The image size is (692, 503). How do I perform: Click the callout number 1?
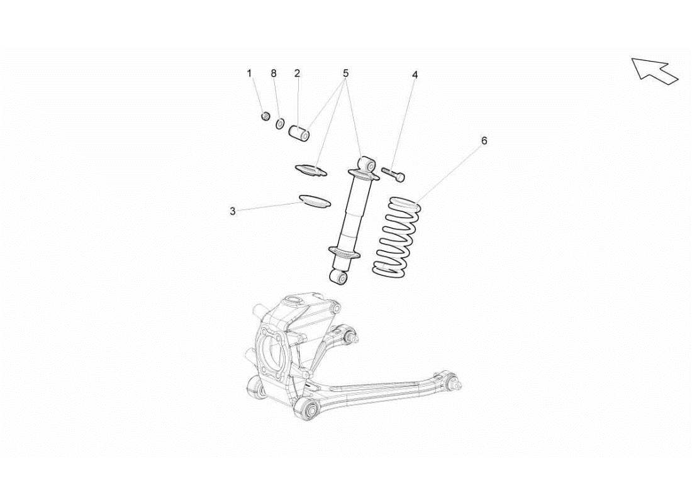[x=249, y=74]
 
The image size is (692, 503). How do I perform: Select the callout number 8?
[x=274, y=74]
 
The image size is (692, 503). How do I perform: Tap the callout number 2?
[x=297, y=74]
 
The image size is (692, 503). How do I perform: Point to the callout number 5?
[x=345, y=74]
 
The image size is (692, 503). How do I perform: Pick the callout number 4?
[x=415, y=75]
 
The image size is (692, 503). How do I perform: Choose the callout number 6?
[x=484, y=141]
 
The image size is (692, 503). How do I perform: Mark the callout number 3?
[x=233, y=211]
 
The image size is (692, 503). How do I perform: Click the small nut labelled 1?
[x=265, y=116]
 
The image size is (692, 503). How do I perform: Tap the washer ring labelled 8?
[x=281, y=122]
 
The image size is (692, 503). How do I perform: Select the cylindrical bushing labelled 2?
[x=299, y=133]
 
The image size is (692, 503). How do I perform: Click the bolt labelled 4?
[x=393, y=174]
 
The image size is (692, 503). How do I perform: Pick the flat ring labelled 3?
[x=315, y=202]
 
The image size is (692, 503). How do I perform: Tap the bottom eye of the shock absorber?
[x=340, y=276]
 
